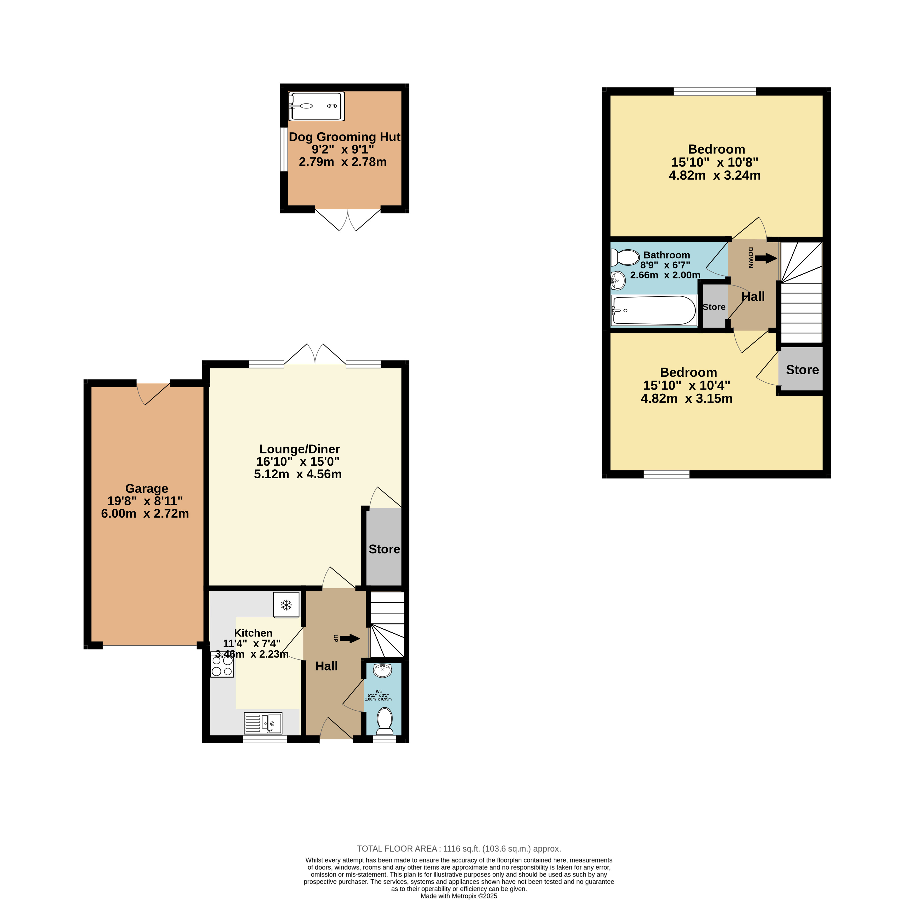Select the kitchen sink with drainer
[x=263, y=723]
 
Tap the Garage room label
[x=147, y=488]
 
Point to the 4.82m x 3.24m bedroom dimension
[x=715, y=175]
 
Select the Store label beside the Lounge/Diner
[x=384, y=549]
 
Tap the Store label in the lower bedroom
[x=802, y=370]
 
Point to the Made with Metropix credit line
[x=459, y=896]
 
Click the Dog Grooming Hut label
[x=344, y=137]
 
